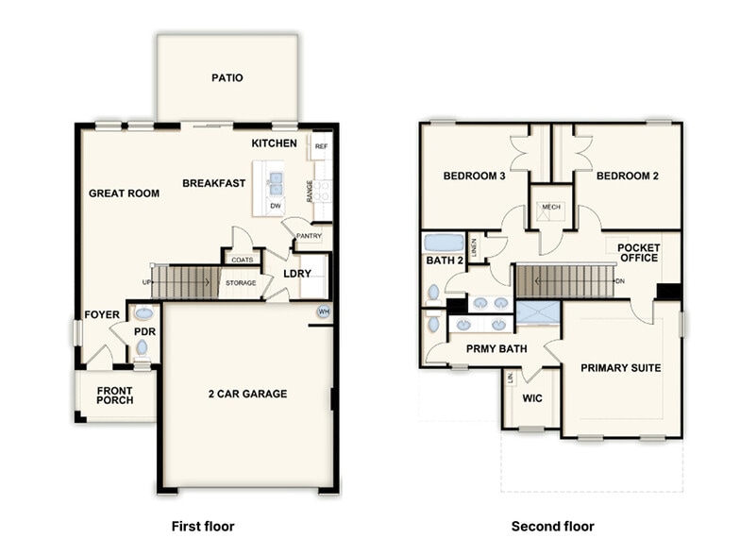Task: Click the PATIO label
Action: (227, 77)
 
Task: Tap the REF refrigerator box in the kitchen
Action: (321, 146)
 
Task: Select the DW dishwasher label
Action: (275, 205)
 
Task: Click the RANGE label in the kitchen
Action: (310, 192)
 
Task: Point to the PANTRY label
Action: (309, 236)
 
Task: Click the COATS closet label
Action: (242, 259)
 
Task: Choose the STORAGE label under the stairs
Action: (240, 281)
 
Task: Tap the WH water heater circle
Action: (324, 311)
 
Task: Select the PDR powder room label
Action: (144, 331)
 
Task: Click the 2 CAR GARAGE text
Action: (248, 394)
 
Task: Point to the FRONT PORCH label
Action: (114, 395)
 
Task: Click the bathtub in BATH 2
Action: (444, 243)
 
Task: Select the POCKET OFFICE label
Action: (639, 254)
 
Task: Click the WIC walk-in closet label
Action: (532, 399)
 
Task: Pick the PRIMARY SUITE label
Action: (620, 367)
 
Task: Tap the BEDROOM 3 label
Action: (474, 176)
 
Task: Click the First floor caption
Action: (202, 526)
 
